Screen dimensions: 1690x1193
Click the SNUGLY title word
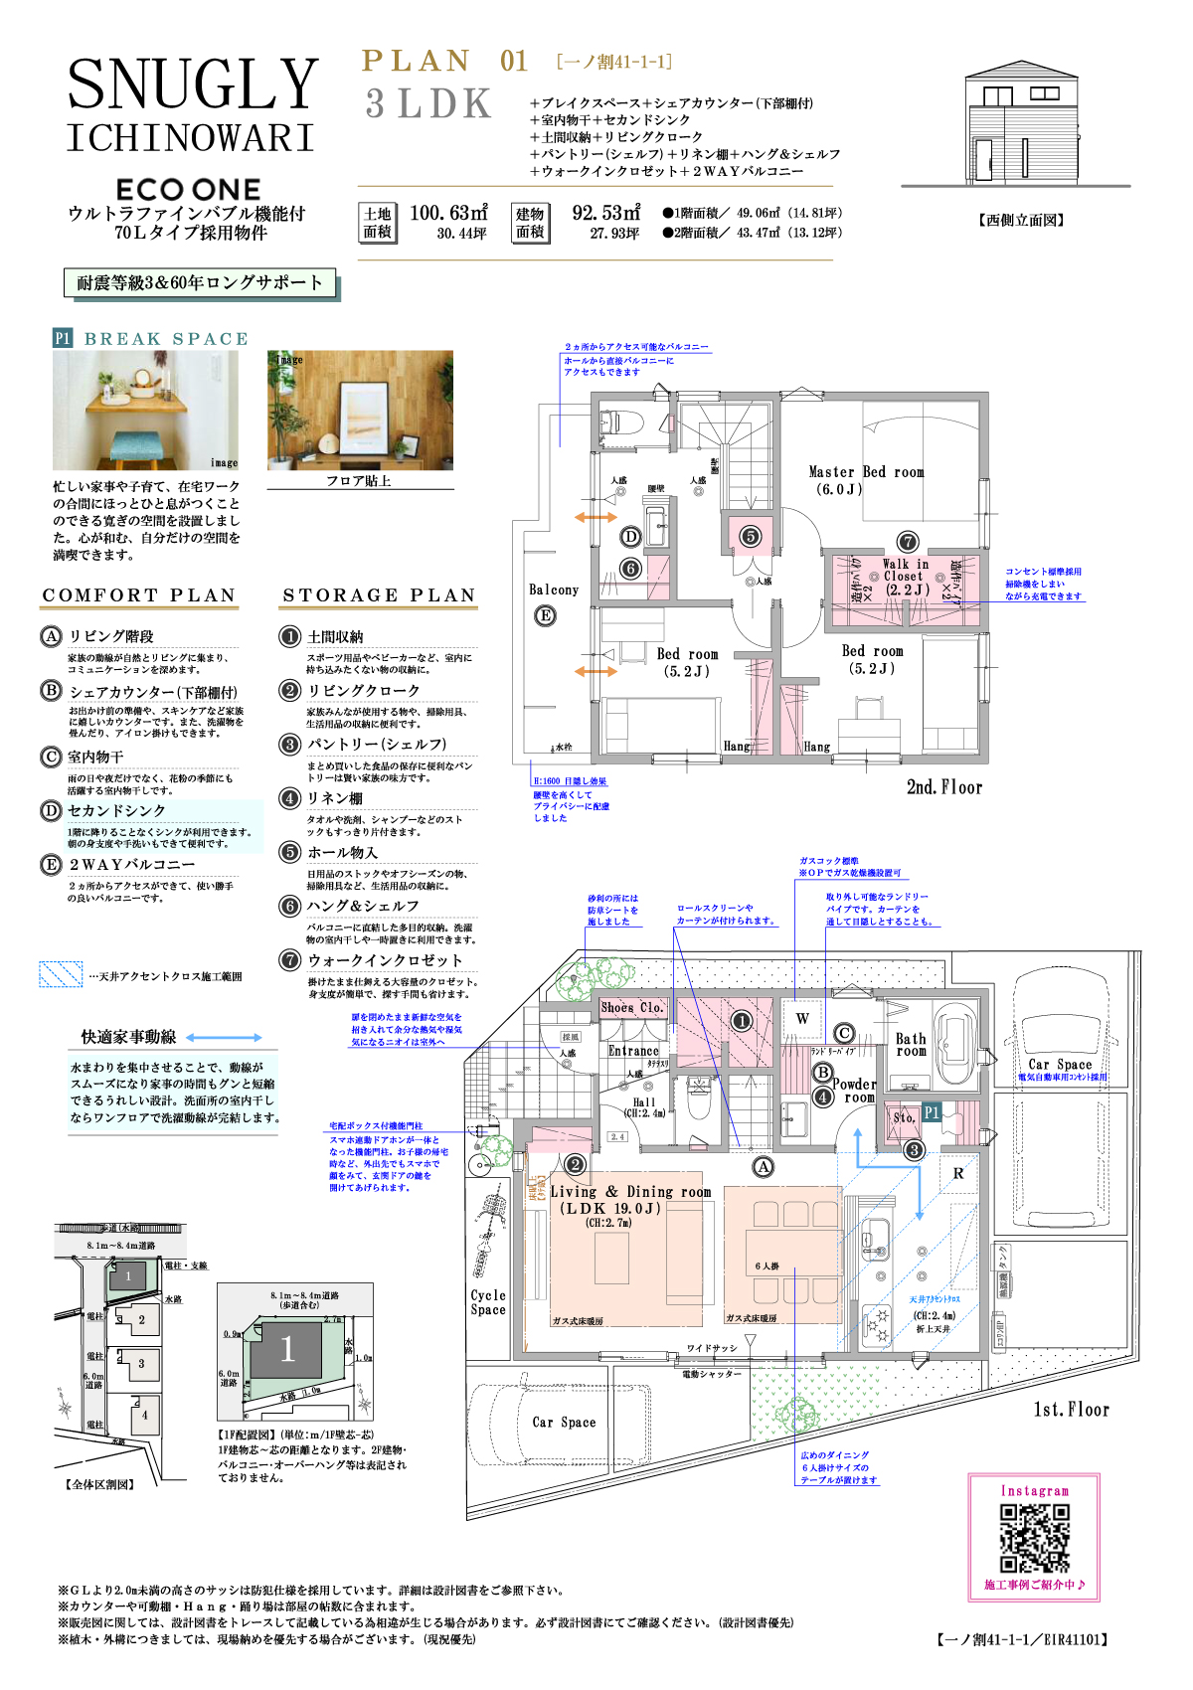click(x=193, y=84)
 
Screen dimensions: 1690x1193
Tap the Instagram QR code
click(x=1034, y=1538)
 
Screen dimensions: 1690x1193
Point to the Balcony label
click(x=553, y=590)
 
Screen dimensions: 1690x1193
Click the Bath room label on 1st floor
click(x=911, y=1044)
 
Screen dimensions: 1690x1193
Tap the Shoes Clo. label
click(x=631, y=1007)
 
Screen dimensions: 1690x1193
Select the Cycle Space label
click(x=488, y=1302)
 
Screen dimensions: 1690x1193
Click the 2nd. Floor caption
click(x=943, y=787)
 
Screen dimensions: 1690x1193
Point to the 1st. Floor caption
click(x=1071, y=1409)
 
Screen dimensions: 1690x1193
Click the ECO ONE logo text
click(x=188, y=189)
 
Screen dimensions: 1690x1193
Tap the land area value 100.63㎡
click(x=448, y=213)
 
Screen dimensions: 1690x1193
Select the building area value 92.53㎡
click(x=606, y=213)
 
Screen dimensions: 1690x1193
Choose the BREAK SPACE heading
click(x=166, y=339)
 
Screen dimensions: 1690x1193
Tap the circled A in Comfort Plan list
click(x=51, y=635)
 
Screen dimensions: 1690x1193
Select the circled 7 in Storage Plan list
click(x=289, y=959)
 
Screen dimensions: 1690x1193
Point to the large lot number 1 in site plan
click(x=286, y=1349)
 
